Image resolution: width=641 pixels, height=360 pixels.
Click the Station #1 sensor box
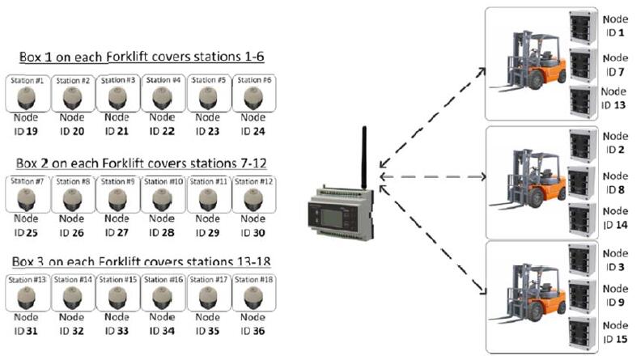coord(28,94)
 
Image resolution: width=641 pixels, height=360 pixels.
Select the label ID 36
coord(253,331)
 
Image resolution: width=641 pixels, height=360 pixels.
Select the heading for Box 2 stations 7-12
coord(141,158)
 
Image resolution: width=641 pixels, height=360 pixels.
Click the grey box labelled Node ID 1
coord(579,27)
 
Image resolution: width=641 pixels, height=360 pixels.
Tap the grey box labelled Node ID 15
coord(579,331)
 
